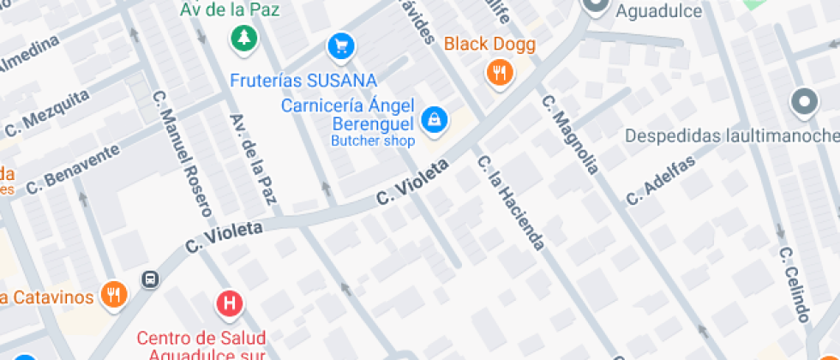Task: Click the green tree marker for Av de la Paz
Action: [244, 37]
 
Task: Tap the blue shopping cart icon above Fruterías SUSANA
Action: [341, 45]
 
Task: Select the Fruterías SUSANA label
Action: [303, 81]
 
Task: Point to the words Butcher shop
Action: [373, 141]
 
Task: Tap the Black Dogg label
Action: [489, 45]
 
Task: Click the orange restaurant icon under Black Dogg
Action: [500, 73]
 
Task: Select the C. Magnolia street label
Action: [569, 135]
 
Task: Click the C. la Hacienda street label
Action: [512, 203]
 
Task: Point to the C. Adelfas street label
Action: [660, 180]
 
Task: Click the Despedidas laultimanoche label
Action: [730, 136]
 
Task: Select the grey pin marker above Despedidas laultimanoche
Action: [804, 103]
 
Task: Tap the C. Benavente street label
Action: [72, 169]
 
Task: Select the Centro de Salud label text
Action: [201, 338]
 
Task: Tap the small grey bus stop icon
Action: [151, 279]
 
